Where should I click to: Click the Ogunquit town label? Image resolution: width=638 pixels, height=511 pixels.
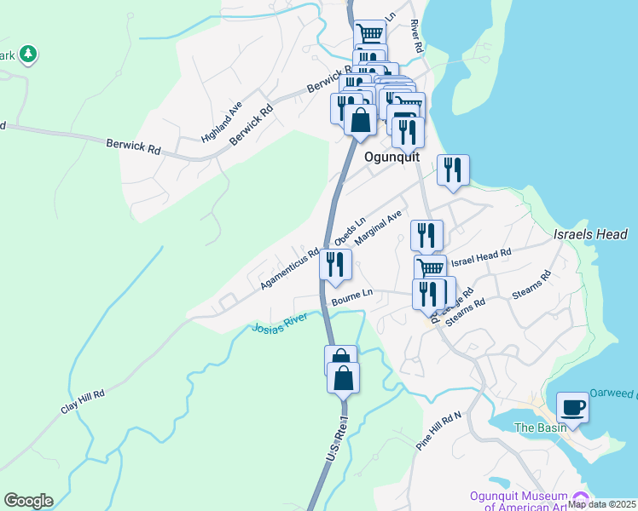[x=390, y=158]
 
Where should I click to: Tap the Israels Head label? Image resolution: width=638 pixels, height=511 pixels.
[x=590, y=234]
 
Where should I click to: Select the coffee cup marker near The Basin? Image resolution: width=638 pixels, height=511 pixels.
[x=571, y=406]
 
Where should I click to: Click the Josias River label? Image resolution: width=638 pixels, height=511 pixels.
[x=280, y=328]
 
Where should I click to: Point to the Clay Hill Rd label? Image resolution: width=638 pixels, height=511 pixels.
[x=82, y=402]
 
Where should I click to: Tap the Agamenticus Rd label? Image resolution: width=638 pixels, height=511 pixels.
[x=289, y=267]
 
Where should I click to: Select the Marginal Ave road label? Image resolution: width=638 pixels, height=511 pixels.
[x=378, y=228]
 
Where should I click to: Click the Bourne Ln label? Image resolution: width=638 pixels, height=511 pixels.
[x=352, y=295]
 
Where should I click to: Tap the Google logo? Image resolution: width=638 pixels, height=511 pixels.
[x=28, y=501]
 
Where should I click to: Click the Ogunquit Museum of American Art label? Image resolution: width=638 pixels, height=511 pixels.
[x=519, y=502]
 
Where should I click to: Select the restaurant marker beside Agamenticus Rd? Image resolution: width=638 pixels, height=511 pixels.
[x=336, y=264]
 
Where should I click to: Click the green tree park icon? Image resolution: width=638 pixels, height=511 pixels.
[x=29, y=55]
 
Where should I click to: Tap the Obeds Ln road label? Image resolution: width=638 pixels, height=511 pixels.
[x=350, y=229]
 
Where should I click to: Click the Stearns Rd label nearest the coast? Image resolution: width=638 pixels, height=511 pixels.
[x=531, y=285]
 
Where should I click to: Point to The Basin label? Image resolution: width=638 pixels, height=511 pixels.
[x=539, y=428]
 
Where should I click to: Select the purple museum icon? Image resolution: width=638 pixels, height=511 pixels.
[x=581, y=497]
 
